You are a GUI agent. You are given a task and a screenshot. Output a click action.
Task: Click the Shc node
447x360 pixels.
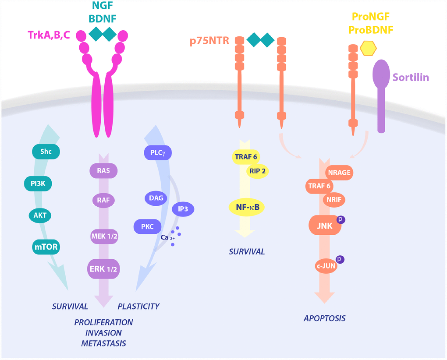click(x=46, y=152)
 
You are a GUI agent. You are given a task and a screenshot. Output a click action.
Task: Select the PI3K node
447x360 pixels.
click(x=38, y=184)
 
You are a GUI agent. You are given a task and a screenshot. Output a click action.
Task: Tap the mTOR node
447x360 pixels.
click(x=46, y=247)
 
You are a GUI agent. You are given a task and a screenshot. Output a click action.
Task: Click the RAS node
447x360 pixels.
click(x=103, y=170)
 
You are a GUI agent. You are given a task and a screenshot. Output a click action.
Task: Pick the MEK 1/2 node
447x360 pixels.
click(x=104, y=236)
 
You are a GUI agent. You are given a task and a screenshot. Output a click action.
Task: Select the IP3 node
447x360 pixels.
click(x=183, y=209)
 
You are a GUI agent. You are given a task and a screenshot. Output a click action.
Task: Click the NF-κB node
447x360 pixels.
click(x=247, y=207)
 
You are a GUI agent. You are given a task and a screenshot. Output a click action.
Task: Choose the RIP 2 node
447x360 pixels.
click(x=257, y=171)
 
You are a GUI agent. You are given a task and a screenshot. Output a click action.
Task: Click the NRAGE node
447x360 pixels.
click(x=339, y=173)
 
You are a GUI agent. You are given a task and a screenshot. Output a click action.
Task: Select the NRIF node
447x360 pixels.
click(x=334, y=200)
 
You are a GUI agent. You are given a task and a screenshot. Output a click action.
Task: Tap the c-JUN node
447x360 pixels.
click(x=326, y=266)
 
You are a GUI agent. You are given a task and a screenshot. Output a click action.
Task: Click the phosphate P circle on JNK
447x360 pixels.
click(x=340, y=219)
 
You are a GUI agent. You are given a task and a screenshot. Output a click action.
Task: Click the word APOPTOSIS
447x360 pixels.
click(x=324, y=318)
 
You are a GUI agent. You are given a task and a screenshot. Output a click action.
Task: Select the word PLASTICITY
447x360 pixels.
click(x=138, y=306)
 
